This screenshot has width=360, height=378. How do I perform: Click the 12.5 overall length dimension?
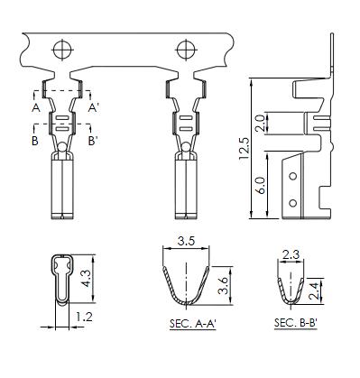tap(245, 149)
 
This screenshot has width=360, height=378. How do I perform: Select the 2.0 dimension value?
tap(259, 123)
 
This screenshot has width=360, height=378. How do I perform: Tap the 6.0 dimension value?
tap(261, 185)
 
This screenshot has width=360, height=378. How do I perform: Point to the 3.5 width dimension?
tap(186, 241)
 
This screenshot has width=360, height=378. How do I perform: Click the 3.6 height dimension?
tap(223, 286)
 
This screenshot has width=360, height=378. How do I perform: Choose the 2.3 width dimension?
tap(291, 254)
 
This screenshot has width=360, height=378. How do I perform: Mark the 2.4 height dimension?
tap(313, 291)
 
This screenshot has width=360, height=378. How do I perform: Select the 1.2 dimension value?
tap(84, 317)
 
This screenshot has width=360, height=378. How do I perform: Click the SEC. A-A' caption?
tap(193, 324)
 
